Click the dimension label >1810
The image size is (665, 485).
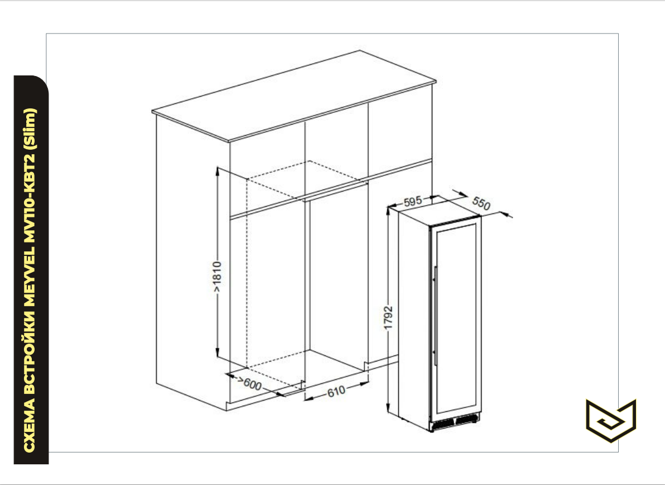[216, 278]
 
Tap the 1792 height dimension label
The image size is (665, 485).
[388, 318]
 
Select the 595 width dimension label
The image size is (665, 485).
[413, 201]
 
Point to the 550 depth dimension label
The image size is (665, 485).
[481, 203]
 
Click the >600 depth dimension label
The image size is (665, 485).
[250, 383]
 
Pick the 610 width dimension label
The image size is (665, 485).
[336, 391]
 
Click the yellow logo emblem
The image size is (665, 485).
[611, 420]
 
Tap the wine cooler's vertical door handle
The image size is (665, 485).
[435, 316]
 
